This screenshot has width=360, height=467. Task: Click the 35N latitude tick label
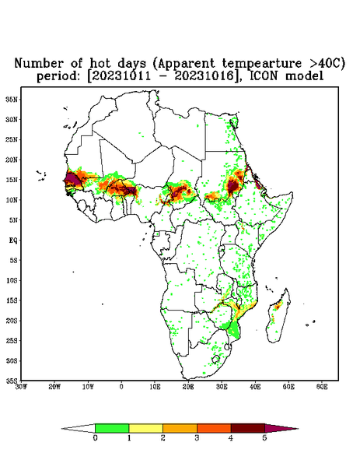pos(12,100)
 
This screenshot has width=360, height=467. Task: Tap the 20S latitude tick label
pos(12,321)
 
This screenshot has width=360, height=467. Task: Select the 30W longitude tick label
pos(21,387)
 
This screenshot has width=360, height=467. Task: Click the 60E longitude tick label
pos(322,387)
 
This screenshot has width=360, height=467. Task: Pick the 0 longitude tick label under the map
pos(121,387)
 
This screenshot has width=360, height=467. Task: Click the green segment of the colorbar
pos(112,428)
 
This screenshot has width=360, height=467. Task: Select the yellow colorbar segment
pos(145,428)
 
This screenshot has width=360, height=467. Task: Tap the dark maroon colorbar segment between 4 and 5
pos(248,428)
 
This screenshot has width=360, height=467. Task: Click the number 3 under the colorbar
pos(197,438)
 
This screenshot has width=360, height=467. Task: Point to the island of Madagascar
pos(278,316)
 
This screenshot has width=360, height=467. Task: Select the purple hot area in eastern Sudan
pos(233,186)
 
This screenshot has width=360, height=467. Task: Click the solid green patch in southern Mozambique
pos(234,330)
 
